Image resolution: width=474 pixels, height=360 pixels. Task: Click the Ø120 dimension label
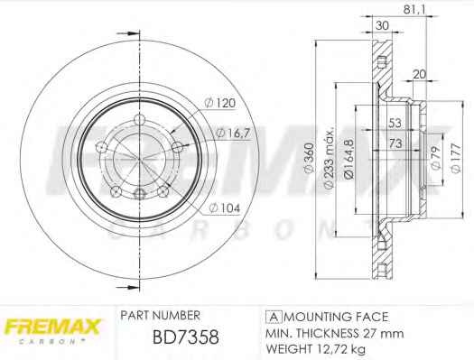pos(220,103)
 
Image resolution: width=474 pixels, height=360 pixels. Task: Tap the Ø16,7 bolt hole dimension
pos(234,133)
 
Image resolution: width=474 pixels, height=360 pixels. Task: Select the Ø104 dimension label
pos(225,208)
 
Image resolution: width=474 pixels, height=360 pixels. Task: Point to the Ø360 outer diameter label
pos(310,158)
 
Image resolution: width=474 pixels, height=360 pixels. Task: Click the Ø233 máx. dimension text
pos(330,158)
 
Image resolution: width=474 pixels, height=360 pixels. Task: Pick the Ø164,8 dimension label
pos(349,158)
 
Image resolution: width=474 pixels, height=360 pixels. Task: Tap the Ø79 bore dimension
pos(436,158)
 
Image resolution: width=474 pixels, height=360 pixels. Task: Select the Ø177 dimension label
pos(456,158)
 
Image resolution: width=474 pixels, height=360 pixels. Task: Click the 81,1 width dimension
pos(414,10)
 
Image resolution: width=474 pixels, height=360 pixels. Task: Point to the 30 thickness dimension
pos(382,25)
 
